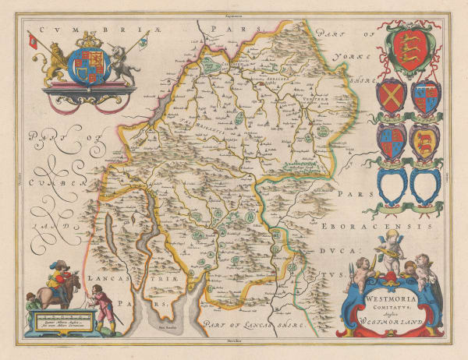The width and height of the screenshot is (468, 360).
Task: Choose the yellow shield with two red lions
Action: click(425, 140)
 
